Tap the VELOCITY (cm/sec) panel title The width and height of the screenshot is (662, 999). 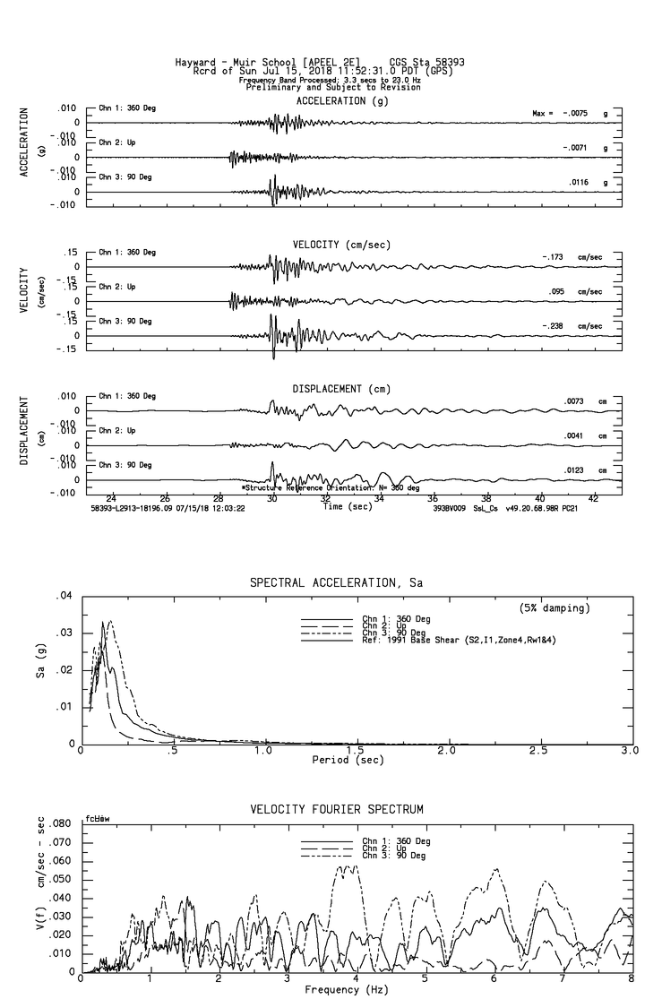pos(341,245)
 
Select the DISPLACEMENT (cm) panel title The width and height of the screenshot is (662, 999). pos(341,389)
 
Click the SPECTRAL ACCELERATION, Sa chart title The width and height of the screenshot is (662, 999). pos(336,583)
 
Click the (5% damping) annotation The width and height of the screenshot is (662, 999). pos(555,608)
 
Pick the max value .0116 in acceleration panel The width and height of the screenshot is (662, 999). pos(576,182)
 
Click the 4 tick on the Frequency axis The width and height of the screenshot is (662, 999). pos(357,980)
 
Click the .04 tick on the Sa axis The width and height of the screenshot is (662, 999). pos(63,596)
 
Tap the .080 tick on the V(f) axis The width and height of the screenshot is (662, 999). pos(60,823)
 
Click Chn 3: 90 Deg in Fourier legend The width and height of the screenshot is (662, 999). pos(396,856)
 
